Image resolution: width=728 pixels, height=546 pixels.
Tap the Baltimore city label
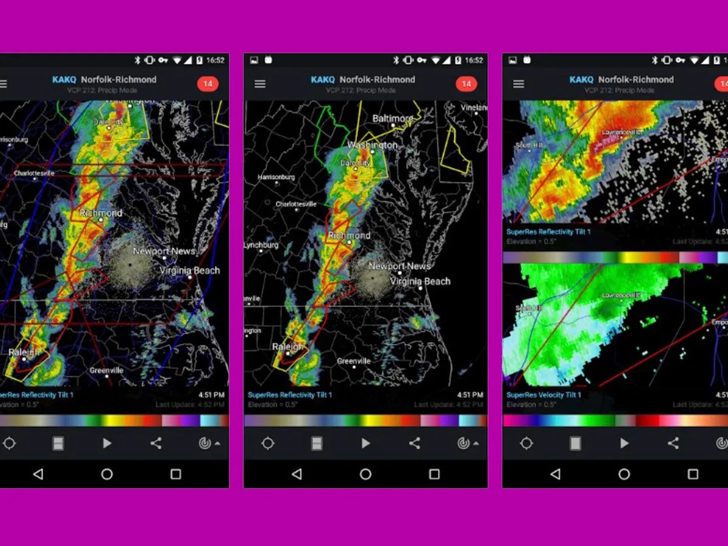tap(393, 118)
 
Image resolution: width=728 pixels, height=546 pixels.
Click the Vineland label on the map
tap(474, 107)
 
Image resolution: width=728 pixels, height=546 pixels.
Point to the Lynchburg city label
tap(261, 245)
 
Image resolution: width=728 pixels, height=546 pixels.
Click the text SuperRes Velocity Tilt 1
tap(544, 395)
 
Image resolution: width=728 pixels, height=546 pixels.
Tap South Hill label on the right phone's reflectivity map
tap(527, 146)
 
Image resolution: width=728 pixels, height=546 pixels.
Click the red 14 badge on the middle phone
tap(466, 84)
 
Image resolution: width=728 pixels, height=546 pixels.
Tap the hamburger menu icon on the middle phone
tap(260, 84)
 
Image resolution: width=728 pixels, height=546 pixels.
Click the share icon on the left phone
tap(156, 443)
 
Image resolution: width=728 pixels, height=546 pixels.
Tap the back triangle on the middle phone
tap(297, 474)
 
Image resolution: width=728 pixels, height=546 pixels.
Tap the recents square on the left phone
tap(175, 474)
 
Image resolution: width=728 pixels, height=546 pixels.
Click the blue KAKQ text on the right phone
tap(581, 79)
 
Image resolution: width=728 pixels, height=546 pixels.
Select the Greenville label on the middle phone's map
tap(354, 361)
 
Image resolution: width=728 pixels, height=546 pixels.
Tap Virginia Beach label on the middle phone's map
tap(420, 281)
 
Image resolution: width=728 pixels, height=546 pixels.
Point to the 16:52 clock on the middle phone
tap(474, 60)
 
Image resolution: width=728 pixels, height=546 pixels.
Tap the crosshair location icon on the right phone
tap(527, 443)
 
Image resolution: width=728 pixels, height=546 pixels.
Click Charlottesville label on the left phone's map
tap(34, 173)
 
